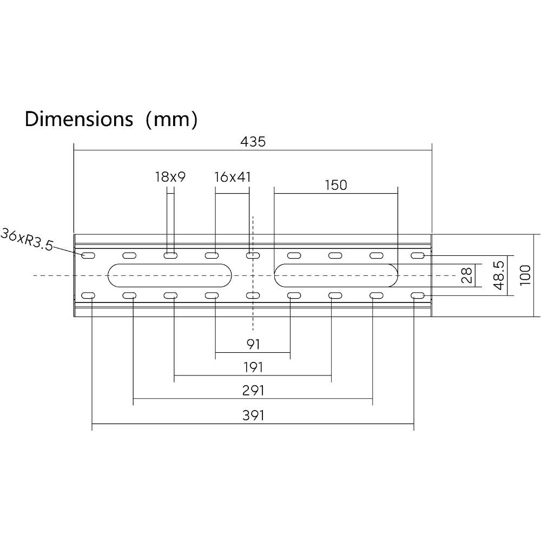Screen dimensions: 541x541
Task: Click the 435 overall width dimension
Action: [x=253, y=141]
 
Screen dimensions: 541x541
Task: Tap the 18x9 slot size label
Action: [x=170, y=177]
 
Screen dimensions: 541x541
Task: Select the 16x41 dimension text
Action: [x=232, y=177]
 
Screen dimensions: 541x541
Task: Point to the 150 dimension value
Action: [x=336, y=185]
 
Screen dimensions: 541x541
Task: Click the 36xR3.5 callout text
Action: [x=27, y=239]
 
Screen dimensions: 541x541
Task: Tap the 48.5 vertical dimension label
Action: [x=499, y=275]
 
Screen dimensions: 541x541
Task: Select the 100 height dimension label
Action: [x=525, y=275]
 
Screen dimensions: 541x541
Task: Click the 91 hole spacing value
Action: [x=253, y=344]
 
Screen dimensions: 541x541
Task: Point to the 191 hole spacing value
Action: [x=253, y=367]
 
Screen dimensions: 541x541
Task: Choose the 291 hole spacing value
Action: [x=253, y=391]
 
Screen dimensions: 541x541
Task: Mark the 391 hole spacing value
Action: [x=253, y=415]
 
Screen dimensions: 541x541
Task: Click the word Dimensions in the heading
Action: [x=78, y=119]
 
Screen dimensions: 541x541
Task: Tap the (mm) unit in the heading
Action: [x=172, y=120]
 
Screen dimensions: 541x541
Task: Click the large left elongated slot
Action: [x=170, y=275]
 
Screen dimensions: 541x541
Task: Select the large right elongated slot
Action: [x=336, y=275]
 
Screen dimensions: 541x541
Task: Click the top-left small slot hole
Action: [x=88, y=256]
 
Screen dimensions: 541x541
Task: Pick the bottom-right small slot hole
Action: [x=418, y=296]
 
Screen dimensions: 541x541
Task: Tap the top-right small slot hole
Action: [x=418, y=256]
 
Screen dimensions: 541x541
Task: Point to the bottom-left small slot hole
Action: [x=88, y=296]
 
